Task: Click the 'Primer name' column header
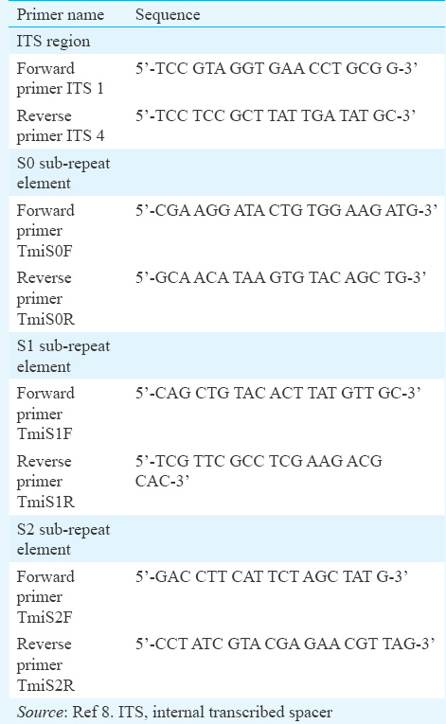tap(60, 15)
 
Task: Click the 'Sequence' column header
tap(168, 15)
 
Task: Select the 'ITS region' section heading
tap(53, 41)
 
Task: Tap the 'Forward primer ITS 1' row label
tap(60, 78)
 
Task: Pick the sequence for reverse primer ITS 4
tap(276, 115)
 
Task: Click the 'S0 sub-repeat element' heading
tap(63, 172)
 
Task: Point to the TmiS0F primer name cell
tap(45, 230)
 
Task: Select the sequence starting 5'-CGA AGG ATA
tap(287, 210)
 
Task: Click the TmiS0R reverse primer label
tap(45, 298)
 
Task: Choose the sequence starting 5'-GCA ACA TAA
tap(281, 277)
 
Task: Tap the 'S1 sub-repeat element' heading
tap(63, 356)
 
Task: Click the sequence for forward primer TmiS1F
tap(278, 393)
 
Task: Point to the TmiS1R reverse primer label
tap(45, 481)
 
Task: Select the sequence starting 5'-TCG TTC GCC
tap(259, 470)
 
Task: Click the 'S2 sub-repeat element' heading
tap(63, 539)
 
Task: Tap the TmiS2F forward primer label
tap(45, 596)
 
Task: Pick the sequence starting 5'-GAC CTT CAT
tap(272, 576)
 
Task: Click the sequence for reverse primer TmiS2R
tap(285, 644)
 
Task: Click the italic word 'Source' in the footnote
tap(40, 712)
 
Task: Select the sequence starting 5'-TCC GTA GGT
tap(277, 68)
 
